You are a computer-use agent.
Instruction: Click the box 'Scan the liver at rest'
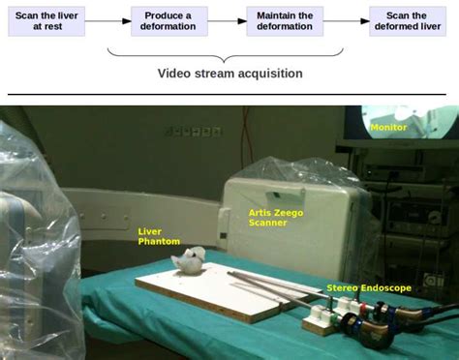46,20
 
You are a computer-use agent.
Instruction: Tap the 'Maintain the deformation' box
285,20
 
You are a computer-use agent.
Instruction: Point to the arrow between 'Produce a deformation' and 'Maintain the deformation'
227,20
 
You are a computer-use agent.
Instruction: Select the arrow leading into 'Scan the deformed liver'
346,20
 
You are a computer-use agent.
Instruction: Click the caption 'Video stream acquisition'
230,74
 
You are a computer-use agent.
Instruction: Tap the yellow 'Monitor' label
388,127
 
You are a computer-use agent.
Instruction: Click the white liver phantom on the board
188,259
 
